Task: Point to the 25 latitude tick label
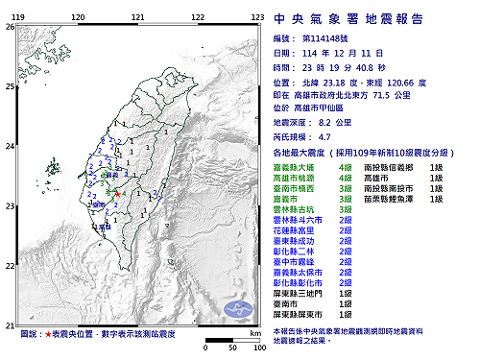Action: [x=9, y=87]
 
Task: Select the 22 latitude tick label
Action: [x=9, y=266]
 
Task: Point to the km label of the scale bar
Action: [x=253, y=333]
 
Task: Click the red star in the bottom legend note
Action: [x=44, y=335]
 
